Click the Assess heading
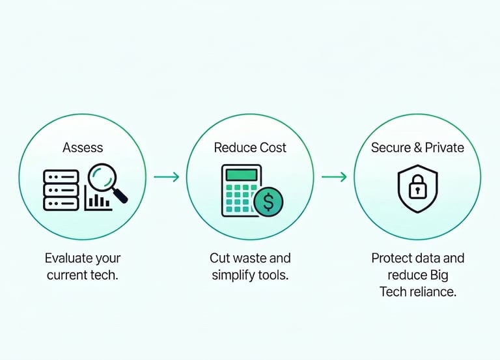pyautogui.click(x=83, y=148)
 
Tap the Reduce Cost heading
pyautogui.click(x=250, y=148)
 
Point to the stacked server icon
pyautogui.click(x=61, y=189)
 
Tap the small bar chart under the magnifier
pyautogui.click(x=98, y=201)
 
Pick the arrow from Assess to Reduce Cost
pyautogui.click(x=166, y=176)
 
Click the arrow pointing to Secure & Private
pyautogui.click(x=334, y=176)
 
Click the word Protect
pyautogui.click(x=393, y=258)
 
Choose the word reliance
pyautogui.click(x=432, y=292)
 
